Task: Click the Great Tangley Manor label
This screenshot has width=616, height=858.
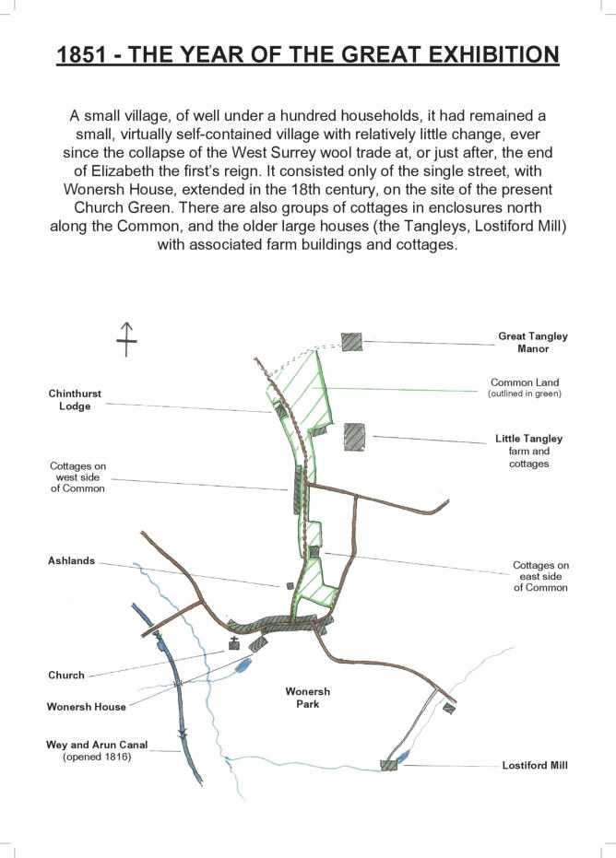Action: (x=532, y=342)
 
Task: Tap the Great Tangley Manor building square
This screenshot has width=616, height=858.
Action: (x=351, y=341)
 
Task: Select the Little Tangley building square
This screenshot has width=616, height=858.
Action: (x=353, y=436)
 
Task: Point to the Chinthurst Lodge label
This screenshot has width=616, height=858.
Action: (x=75, y=400)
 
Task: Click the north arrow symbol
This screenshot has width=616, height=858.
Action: (x=126, y=340)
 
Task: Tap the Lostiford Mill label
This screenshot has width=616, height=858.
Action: (x=535, y=765)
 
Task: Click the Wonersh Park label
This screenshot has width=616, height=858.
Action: (x=307, y=698)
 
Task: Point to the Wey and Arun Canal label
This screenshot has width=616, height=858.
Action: (x=97, y=745)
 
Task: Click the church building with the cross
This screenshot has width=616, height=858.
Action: (x=234, y=644)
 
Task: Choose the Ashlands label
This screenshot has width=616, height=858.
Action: (x=72, y=560)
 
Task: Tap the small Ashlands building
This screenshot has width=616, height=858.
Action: (x=289, y=585)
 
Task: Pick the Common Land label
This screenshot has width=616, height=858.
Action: (x=525, y=382)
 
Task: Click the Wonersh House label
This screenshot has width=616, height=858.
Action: (x=86, y=707)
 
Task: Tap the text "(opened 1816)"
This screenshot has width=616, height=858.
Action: (x=97, y=757)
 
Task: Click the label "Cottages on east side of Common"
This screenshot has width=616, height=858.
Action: (x=540, y=576)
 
